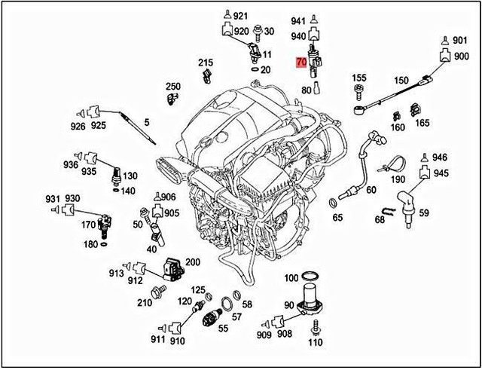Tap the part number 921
pos(240,16)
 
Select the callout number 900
pos(460,57)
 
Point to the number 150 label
pos(401,81)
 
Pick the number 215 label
pos(206,62)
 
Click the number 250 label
pos(173,87)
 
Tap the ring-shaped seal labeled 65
pos(333,202)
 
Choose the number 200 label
pos(192,261)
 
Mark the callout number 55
pos(223,329)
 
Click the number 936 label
pos(71,164)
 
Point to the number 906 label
pos(168,197)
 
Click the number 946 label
pos(440,157)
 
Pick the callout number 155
pos(359,78)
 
